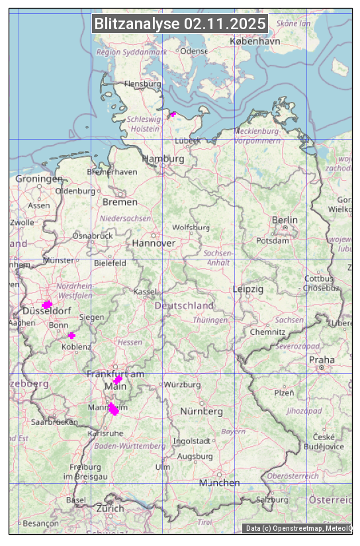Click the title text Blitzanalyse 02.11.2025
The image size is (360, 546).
point(180,24)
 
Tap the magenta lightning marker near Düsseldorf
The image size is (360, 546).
point(47,304)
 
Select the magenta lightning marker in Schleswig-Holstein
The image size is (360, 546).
point(173,114)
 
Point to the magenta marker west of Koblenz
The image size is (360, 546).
point(71,336)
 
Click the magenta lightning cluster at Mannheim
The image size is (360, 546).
point(114,410)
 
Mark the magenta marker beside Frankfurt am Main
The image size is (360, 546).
point(117,380)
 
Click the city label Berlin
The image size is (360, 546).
point(285,220)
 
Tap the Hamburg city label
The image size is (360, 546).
point(163,159)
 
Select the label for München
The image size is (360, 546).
point(220,482)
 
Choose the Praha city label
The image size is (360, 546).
point(322,359)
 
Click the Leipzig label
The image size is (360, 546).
point(248,289)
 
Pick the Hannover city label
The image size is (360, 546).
point(154,243)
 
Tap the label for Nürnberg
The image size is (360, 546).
point(201,412)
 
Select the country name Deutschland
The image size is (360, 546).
point(184,306)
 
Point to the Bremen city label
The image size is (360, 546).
point(120,202)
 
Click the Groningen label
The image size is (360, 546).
point(39,179)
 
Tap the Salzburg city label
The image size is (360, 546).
point(273,500)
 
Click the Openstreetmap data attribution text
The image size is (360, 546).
point(298,528)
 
